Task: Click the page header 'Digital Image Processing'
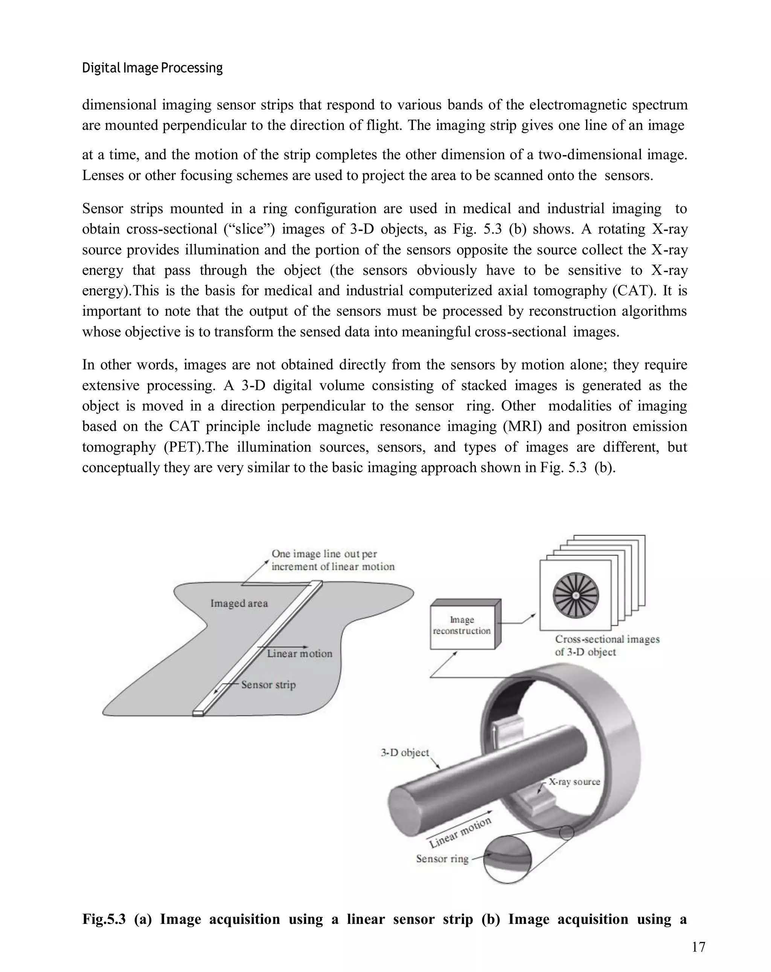click(152, 68)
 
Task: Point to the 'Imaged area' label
click(239, 603)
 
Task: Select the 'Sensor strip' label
click(268, 685)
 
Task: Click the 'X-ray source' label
click(574, 782)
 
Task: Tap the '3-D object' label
click(405, 753)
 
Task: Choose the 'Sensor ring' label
click(442, 859)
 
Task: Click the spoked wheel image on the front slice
click(576, 595)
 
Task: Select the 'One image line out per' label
click(324, 554)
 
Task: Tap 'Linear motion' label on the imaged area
click(299, 654)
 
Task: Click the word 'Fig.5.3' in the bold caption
click(104, 919)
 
